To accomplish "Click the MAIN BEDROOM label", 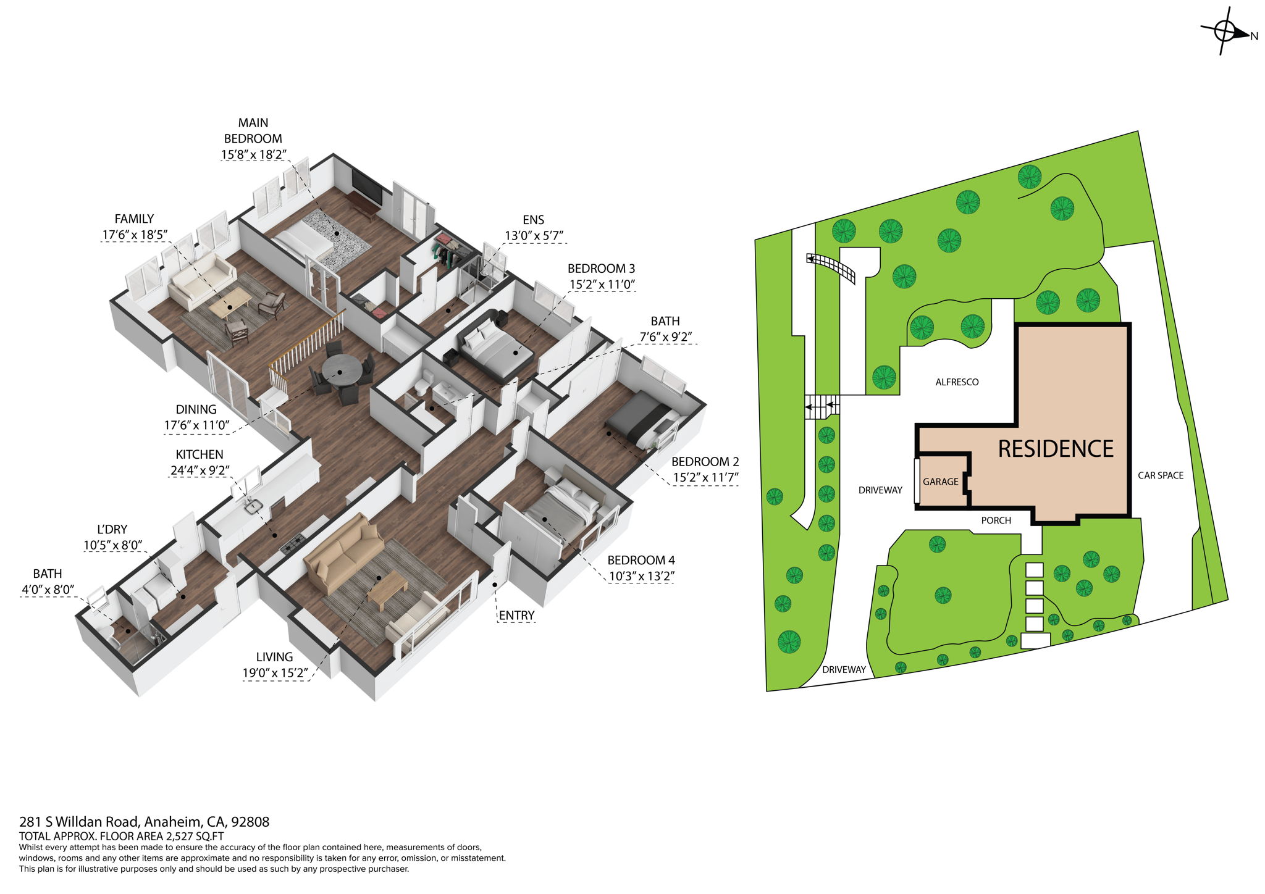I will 253,130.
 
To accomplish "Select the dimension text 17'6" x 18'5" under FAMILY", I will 135,235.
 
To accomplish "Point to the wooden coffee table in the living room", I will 387,587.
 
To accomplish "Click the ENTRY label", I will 516,616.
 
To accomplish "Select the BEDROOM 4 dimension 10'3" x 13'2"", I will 641,577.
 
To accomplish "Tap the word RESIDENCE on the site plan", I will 1056,449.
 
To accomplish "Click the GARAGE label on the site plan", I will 940,482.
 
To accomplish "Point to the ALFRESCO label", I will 957,382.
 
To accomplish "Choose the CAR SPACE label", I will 1161,475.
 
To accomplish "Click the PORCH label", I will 996,520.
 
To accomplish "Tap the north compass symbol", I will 1225,31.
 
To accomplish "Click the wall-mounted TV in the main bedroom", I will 367,186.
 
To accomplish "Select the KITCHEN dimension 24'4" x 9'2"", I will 200,470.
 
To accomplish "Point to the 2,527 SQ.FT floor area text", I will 195,837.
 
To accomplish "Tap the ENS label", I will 533,220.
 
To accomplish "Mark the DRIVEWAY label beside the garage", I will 880,490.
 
